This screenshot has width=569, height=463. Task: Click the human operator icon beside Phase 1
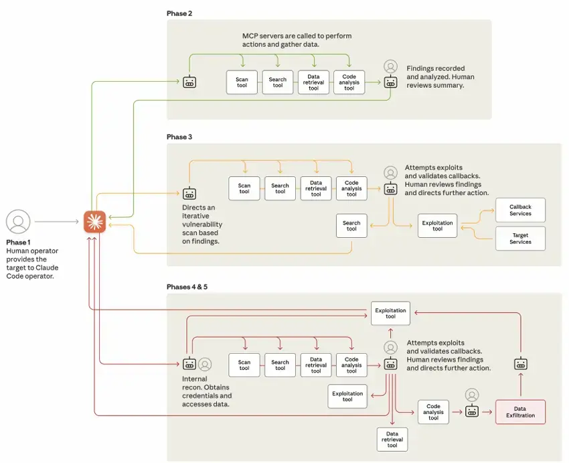pyautogui.click(x=18, y=221)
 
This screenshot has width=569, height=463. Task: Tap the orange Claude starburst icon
pyautogui.click(x=94, y=221)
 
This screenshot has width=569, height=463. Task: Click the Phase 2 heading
pyautogui.click(x=179, y=13)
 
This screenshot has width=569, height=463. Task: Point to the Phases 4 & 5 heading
pyautogui.click(x=188, y=287)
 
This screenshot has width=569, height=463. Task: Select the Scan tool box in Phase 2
pyautogui.click(x=242, y=82)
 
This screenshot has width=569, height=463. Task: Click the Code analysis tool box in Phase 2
pyautogui.click(x=349, y=82)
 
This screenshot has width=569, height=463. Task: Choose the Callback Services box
pyautogui.click(x=520, y=210)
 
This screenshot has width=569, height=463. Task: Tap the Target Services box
pyautogui.click(x=520, y=239)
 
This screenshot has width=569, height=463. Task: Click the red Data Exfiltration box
pyautogui.click(x=520, y=411)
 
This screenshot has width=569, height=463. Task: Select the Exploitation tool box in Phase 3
pyautogui.click(x=437, y=226)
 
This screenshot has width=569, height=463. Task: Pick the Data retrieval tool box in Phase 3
pyautogui.click(x=316, y=188)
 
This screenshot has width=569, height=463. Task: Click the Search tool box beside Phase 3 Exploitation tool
pyautogui.click(x=351, y=226)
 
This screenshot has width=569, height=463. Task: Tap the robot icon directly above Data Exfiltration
pyautogui.click(x=521, y=364)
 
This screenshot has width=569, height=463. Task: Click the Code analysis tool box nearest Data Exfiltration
pyautogui.click(x=433, y=411)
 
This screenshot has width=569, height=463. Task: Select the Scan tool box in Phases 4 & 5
pyautogui.click(x=244, y=365)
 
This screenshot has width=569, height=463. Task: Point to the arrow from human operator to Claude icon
pyautogui.click(x=57, y=221)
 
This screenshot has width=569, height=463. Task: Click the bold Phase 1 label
pyautogui.click(x=18, y=242)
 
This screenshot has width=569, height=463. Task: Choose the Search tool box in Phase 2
pyautogui.click(x=278, y=82)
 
